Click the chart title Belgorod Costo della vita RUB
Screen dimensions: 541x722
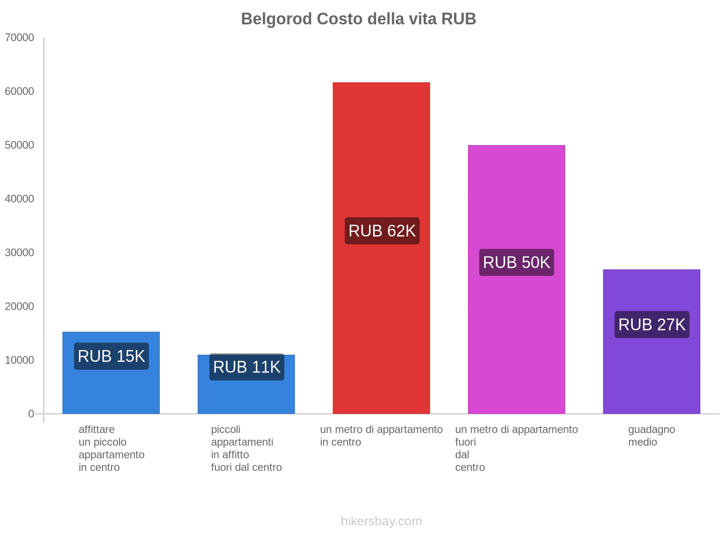(358, 19)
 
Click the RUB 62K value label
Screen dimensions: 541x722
(382, 231)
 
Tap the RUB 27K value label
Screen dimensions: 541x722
(652, 325)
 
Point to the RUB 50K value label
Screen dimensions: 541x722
(516, 262)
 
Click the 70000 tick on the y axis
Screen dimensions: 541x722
(20, 37)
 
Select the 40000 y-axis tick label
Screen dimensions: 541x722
(20, 199)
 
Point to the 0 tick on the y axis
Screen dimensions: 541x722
(31, 414)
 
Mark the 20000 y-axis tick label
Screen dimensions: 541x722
(20, 307)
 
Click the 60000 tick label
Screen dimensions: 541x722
(20, 92)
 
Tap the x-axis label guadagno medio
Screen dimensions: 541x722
(651, 436)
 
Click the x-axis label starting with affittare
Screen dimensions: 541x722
(111, 448)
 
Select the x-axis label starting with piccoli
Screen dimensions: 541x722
(246, 448)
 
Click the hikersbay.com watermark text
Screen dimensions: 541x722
(381, 521)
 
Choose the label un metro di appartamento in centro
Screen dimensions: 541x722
(381, 436)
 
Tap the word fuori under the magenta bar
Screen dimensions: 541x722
(465, 442)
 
